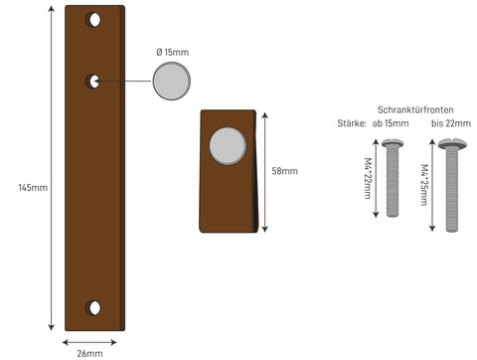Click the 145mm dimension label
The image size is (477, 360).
33,188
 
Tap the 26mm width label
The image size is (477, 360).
89,353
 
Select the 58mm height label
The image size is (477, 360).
284,171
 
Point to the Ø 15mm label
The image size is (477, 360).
173,52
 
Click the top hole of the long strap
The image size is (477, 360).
94,20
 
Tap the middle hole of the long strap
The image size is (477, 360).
94,82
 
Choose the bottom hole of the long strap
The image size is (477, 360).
94,308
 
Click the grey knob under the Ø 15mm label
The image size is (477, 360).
172,81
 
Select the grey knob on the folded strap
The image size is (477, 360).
228,146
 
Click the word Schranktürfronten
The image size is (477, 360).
415,109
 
